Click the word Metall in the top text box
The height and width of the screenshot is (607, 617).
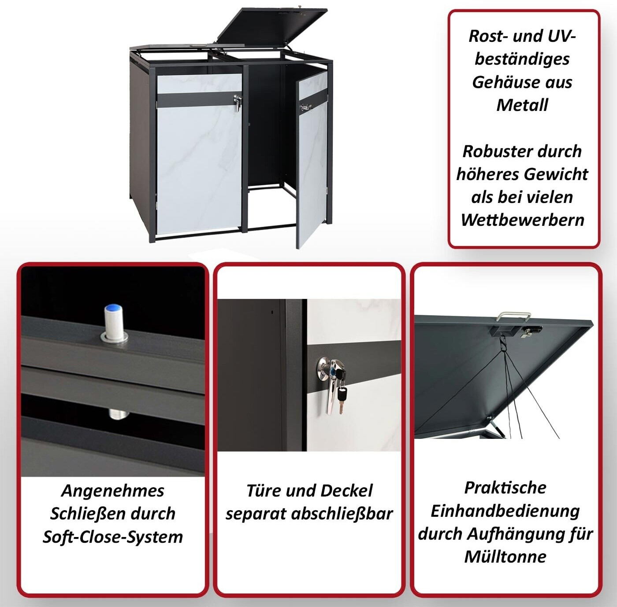point(522,105)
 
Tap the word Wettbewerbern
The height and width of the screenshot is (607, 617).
point(522,220)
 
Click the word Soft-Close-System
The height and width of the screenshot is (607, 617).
point(113,537)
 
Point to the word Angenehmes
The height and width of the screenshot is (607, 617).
point(113,490)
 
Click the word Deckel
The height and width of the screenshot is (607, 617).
point(346,490)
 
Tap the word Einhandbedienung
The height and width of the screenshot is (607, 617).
point(505,511)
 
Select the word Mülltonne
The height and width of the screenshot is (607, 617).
point(505,557)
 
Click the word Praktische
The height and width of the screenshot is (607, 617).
point(505,488)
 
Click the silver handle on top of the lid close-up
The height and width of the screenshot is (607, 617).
point(513,316)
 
